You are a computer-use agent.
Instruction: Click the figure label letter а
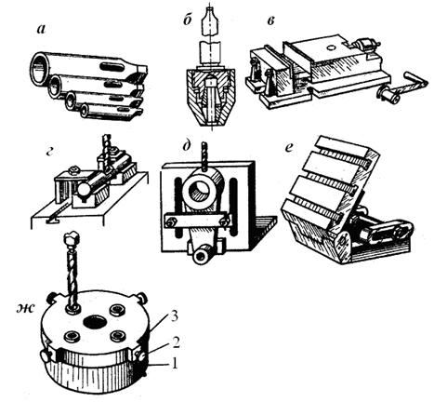click(x=41, y=29)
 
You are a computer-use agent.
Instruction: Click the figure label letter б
click(x=186, y=22)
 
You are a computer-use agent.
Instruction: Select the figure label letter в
click(x=270, y=22)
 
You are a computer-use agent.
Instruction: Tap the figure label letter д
click(x=186, y=146)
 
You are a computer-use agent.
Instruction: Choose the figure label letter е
click(x=288, y=148)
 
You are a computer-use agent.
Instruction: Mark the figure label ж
click(x=27, y=308)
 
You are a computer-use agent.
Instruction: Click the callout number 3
click(x=175, y=317)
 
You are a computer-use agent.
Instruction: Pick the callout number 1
click(x=175, y=363)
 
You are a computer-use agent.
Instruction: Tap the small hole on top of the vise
click(x=331, y=47)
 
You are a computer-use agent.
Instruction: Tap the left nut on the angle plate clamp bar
click(x=172, y=222)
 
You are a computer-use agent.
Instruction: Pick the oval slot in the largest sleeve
click(x=110, y=66)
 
